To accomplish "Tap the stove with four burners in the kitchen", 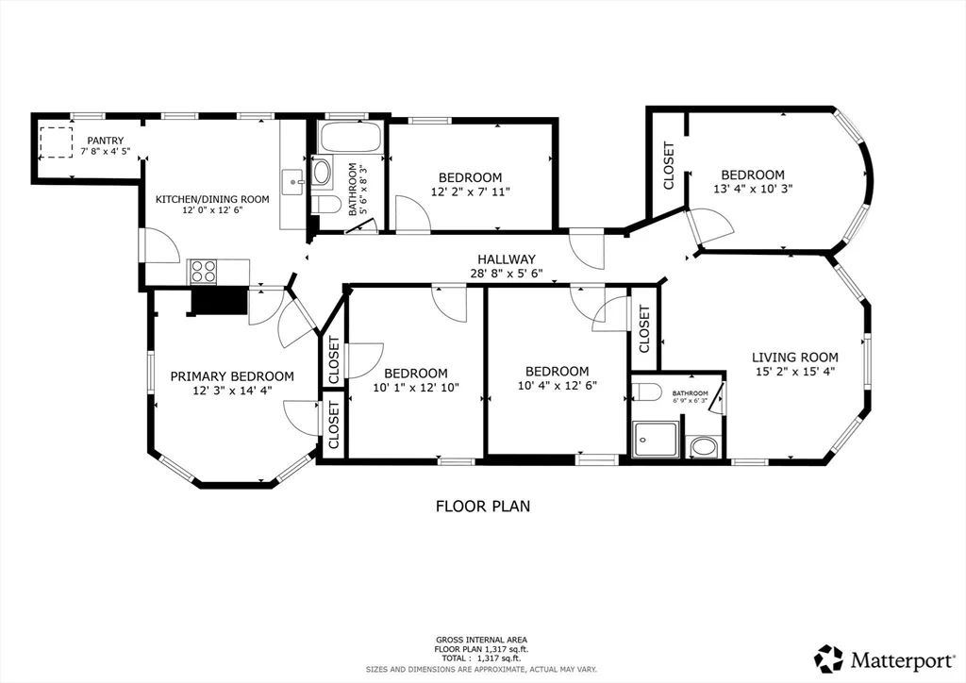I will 204,272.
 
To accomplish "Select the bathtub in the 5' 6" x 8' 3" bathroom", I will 350,137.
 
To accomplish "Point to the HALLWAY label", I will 506,259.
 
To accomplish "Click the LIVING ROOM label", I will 794,357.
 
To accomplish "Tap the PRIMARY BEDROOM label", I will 231,376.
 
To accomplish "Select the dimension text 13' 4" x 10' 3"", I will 753,188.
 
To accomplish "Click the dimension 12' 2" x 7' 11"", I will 470,192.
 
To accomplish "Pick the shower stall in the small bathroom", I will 655,439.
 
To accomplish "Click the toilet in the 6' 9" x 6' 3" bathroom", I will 647,392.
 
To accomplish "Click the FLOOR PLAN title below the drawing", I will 482,506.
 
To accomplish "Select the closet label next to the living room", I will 644,329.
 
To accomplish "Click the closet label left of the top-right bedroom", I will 669,165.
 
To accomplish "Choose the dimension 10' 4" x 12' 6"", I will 557,385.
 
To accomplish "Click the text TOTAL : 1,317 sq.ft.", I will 482,658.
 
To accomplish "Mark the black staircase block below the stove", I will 219,301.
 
